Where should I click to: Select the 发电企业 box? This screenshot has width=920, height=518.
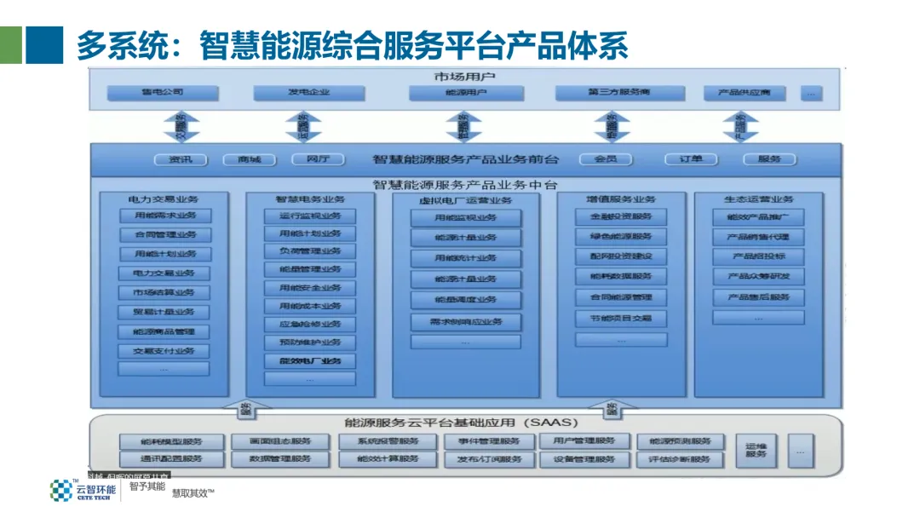click(308, 92)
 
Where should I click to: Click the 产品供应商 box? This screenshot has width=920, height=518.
click(744, 92)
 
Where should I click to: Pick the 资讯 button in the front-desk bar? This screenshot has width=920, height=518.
click(181, 159)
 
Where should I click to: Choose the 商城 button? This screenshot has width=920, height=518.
click(250, 159)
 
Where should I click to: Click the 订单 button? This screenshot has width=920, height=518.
click(691, 159)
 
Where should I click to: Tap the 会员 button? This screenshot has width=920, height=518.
click(605, 159)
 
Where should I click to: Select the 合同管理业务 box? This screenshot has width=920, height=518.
click(164, 235)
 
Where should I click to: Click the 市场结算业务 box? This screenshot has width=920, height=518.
click(164, 292)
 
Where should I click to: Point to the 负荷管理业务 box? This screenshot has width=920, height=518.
click(309, 251)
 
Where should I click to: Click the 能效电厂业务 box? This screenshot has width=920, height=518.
click(309, 360)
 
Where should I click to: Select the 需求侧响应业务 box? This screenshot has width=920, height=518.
click(465, 322)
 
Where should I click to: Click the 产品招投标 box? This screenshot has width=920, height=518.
click(758, 256)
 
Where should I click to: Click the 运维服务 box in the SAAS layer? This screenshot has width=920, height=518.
click(756, 450)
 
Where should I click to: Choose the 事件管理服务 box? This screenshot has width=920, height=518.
click(488, 441)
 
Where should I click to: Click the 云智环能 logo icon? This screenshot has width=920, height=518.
click(61, 490)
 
